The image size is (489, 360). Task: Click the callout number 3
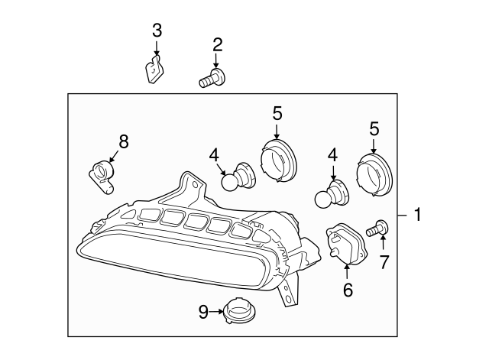(157, 31)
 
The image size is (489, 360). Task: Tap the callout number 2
(218, 45)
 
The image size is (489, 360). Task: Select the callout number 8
(124, 141)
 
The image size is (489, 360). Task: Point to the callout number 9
(203, 312)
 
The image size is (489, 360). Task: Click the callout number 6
(348, 290)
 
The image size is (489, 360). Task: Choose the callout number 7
(384, 261)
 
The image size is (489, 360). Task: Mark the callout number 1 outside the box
(417, 215)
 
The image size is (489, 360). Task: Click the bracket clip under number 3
(154, 70)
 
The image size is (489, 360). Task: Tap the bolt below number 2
(212, 78)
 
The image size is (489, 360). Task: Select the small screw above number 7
(377, 228)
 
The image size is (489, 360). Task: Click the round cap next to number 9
(239, 311)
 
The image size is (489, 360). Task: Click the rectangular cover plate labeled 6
(346, 244)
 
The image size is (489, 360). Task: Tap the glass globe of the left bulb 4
(230, 182)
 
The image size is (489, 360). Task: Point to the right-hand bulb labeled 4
(332, 194)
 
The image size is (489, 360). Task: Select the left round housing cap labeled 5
(278, 161)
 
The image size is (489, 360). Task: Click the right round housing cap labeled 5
(374, 174)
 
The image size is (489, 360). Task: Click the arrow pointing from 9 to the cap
(215, 311)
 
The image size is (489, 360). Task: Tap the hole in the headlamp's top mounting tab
(196, 184)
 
